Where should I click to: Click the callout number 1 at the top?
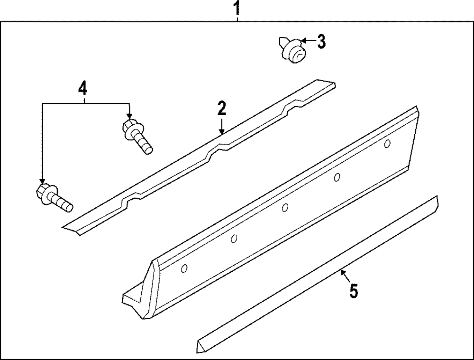[x=237, y=8]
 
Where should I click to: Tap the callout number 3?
[x=321, y=42]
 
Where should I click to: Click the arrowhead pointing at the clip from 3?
[x=302, y=42]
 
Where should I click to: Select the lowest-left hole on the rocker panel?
[x=184, y=269]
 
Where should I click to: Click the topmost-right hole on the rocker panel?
[x=387, y=143]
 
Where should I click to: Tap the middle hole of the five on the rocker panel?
[x=285, y=207]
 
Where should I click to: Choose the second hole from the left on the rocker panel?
[x=234, y=239]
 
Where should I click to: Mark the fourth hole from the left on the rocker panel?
[x=337, y=177]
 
